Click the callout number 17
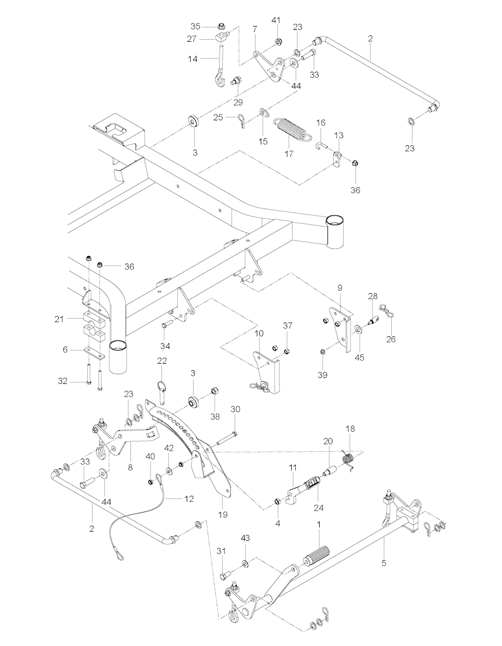tap(288, 154)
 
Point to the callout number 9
tap(340, 287)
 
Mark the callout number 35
tap(196, 26)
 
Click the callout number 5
tap(384, 563)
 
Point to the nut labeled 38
tap(214, 391)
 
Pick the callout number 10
tap(259, 334)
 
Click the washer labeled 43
tap(245, 561)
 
